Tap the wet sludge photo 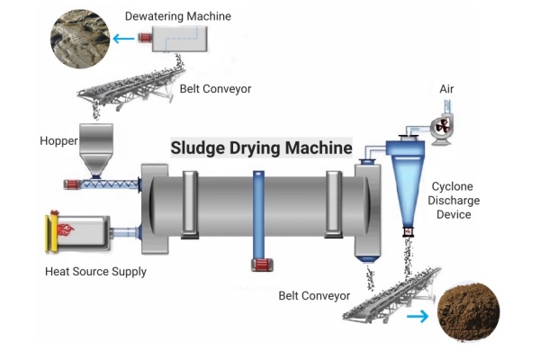point(78,39)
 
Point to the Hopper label point(58,141)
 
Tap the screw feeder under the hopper point(103,184)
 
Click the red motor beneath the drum point(260,265)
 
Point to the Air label point(446,89)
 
